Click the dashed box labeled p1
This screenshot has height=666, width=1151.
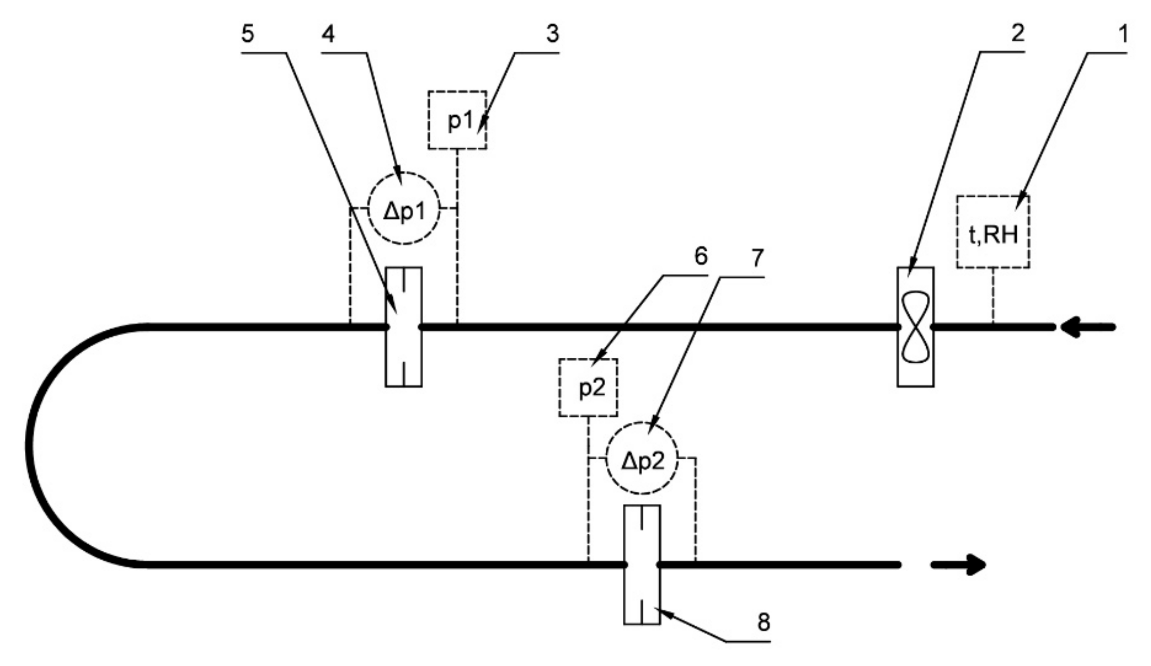tap(457, 120)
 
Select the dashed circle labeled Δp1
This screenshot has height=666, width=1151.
tap(404, 209)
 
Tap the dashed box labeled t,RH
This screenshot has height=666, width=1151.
tap(993, 232)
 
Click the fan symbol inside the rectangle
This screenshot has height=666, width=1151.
tap(915, 327)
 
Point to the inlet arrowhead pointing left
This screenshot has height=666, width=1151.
tap(1071, 327)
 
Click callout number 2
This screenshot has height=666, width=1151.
tap(1018, 33)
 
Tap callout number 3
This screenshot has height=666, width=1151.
tap(553, 34)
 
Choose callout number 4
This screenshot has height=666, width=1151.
tap(328, 34)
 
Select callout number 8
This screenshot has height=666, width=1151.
tap(764, 622)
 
